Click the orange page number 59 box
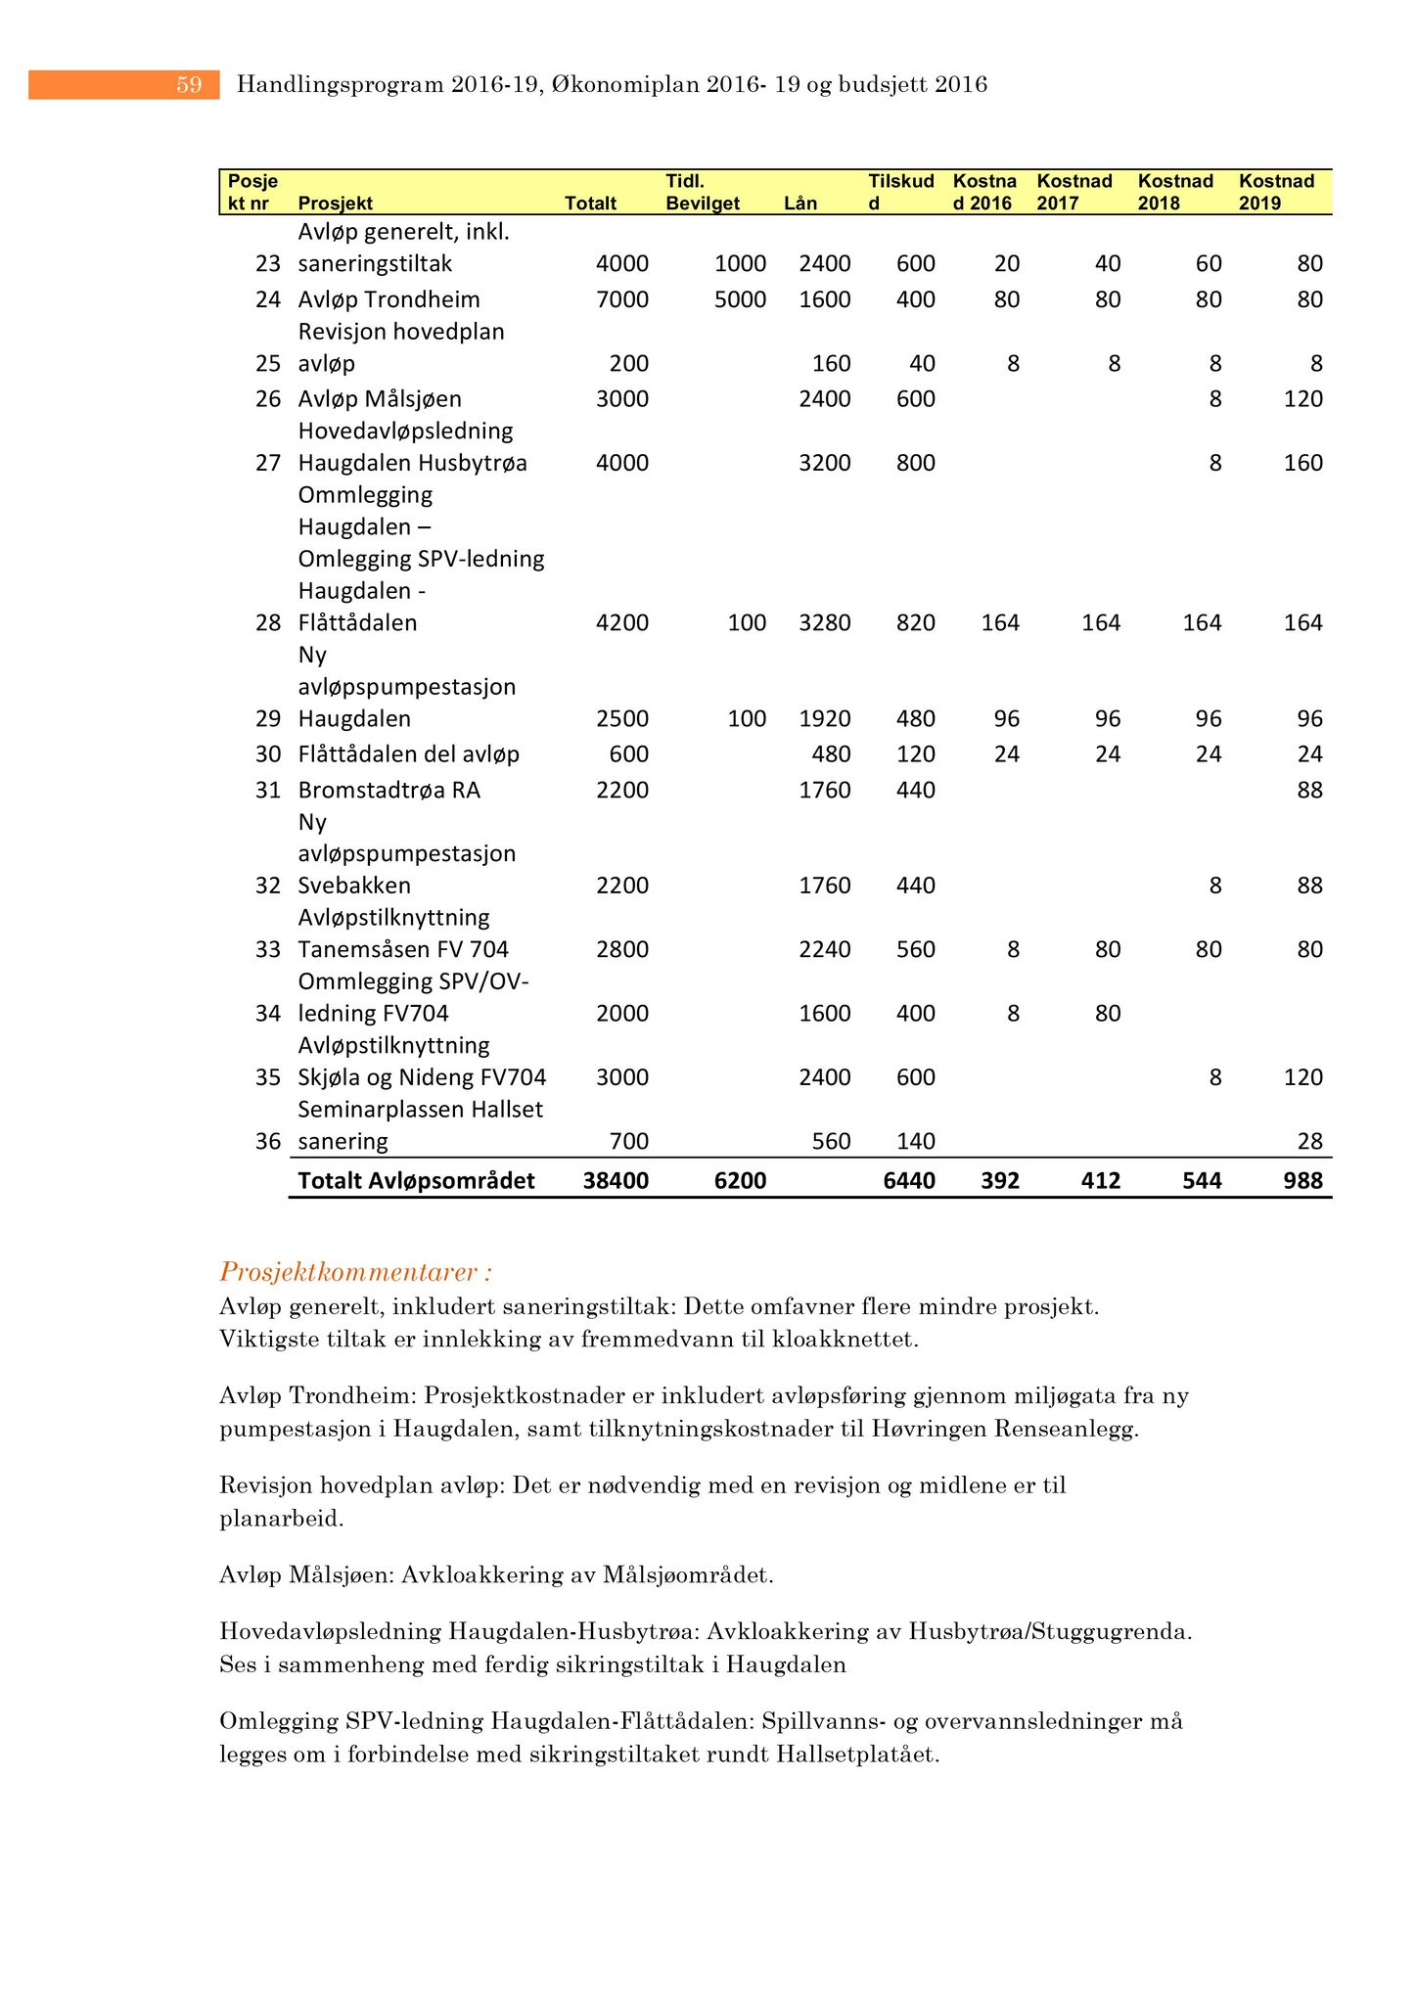tap(124, 85)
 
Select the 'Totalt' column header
tap(590, 204)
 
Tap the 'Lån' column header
tap(800, 204)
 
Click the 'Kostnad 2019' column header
tap(1276, 192)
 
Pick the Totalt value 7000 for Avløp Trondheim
tap(621, 299)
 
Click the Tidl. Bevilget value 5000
tap(740, 299)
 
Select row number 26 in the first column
tap(268, 399)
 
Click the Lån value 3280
tap(824, 623)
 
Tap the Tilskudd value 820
tap(916, 623)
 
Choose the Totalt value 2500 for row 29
tap(621, 719)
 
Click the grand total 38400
tap(616, 1181)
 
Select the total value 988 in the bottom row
tap(1302, 1181)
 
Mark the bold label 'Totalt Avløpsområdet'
tap(416, 1181)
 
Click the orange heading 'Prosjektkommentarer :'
tap(356, 1272)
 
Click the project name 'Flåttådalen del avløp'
tap(408, 754)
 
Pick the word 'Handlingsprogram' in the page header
tap(341, 85)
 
